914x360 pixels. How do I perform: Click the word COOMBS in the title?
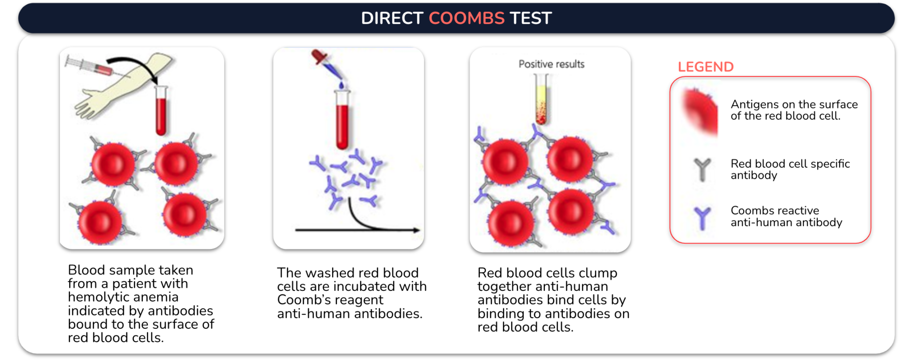click(x=466, y=18)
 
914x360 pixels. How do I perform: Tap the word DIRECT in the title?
click(x=392, y=18)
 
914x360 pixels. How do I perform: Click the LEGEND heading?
click(x=706, y=67)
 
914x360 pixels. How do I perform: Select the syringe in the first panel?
click(x=90, y=66)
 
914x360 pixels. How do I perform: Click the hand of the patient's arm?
click(x=91, y=105)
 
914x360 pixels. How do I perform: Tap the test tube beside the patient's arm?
click(x=161, y=110)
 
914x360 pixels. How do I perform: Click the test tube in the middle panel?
click(x=342, y=119)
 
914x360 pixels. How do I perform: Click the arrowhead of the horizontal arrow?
click(x=416, y=230)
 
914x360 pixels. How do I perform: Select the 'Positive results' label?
click(x=551, y=64)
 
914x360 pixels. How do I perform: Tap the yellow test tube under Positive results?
click(x=541, y=99)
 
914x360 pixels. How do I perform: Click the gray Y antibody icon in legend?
click(x=702, y=170)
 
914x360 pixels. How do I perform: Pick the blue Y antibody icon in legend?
click(x=702, y=218)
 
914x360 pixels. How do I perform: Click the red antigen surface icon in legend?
click(x=700, y=111)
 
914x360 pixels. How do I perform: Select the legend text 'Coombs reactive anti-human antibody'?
click(x=786, y=216)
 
